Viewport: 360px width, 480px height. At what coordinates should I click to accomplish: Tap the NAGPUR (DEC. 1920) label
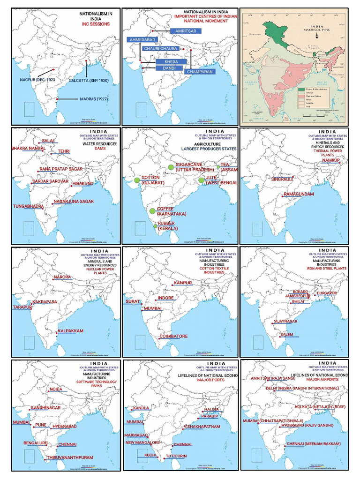[x=37, y=80]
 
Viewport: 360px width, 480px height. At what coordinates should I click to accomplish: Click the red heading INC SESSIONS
[x=96, y=23]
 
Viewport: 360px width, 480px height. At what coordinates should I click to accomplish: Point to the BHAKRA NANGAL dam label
[x=29, y=149]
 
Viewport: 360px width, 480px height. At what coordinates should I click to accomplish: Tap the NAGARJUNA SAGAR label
[x=74, y=201]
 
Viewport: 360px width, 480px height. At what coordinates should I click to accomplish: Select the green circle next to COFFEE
[x=152, y=211]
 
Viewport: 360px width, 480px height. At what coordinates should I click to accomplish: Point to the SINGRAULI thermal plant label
[x=282, y=179]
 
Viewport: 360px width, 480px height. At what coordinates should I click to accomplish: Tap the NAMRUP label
[x=334, y=160]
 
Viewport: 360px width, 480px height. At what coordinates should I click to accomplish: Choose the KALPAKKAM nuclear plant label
[x=71, y=331]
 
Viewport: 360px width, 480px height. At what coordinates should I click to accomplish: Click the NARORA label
[x=62, y=277]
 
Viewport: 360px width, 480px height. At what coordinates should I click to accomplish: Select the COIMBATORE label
[x=173, y=337]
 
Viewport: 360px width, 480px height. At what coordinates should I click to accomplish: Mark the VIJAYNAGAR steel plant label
[x=285, y=322]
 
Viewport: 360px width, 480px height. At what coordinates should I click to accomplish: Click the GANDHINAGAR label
[x=46, y=408]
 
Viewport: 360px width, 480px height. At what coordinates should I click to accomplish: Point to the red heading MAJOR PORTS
[x=211, y=380]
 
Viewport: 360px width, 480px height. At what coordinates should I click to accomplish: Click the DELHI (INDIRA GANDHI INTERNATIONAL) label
[x=297, y=389]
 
